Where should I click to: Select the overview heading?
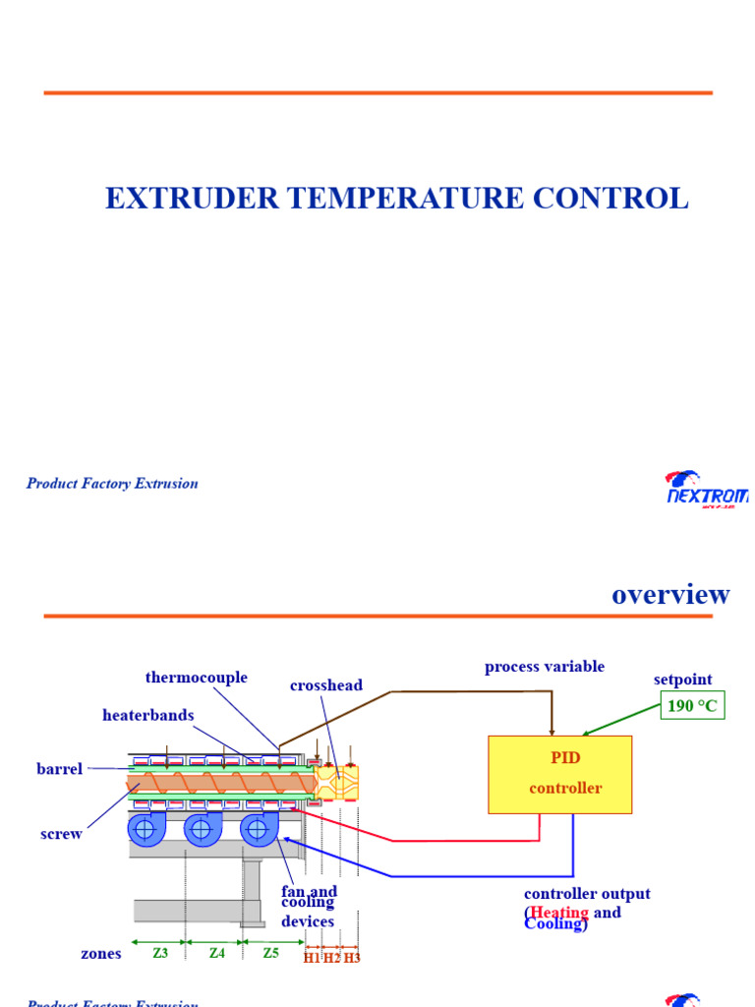click(x=670, y=594)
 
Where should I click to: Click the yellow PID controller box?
click(x=559, y=774)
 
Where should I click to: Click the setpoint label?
click(x=682, y=680)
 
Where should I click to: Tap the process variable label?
click(x=545, y=667)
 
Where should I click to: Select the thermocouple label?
click(x=197, y=678)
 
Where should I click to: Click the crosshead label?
click(x=326, y=685)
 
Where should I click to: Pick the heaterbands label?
click(x=148, y=715)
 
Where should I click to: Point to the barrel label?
click(x=60, y=769)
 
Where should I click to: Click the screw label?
click(x=61, y=834)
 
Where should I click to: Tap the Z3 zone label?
click(x=160, y=953)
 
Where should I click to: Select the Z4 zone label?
click(x=217, y=953)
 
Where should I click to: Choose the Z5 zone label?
click(x=270, y=953)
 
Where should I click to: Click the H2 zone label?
click(x=331, y=958)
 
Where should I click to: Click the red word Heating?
click(x=559, y=913)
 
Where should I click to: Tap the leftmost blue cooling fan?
click(x=145, y=829)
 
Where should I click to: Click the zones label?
click(x=101, y=954)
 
